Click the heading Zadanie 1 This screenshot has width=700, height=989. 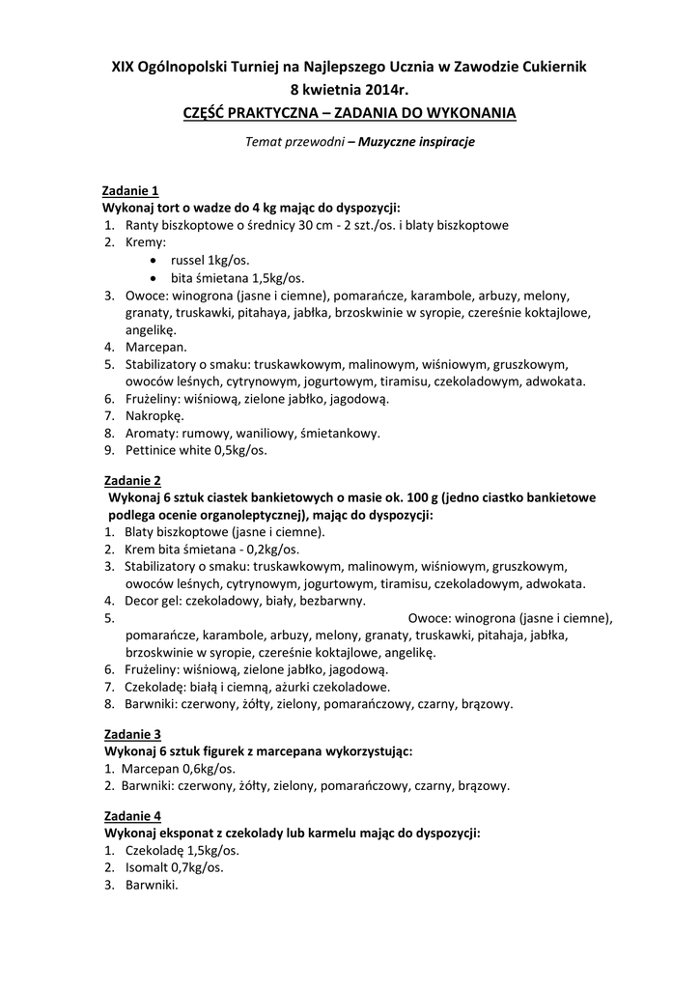coord(131,190)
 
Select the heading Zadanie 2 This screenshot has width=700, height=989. coord(132,480)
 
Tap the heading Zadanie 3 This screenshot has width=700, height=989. coord(132,734)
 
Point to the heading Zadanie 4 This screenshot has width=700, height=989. coord(132,815)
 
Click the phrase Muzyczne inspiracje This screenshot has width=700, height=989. coord(417,142)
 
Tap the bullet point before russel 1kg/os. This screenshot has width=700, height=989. coord(157,261)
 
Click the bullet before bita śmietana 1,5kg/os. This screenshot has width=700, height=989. coord(157,278)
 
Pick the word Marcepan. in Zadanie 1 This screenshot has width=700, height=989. coord(156,347)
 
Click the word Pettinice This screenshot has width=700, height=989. coord(154,451)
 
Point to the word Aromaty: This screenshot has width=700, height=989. coord(153,434)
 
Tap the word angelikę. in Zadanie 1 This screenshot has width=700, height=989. coord(151,329)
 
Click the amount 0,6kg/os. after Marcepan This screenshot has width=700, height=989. coord(208,769)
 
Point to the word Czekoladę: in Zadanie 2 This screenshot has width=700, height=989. coord(157,687)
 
